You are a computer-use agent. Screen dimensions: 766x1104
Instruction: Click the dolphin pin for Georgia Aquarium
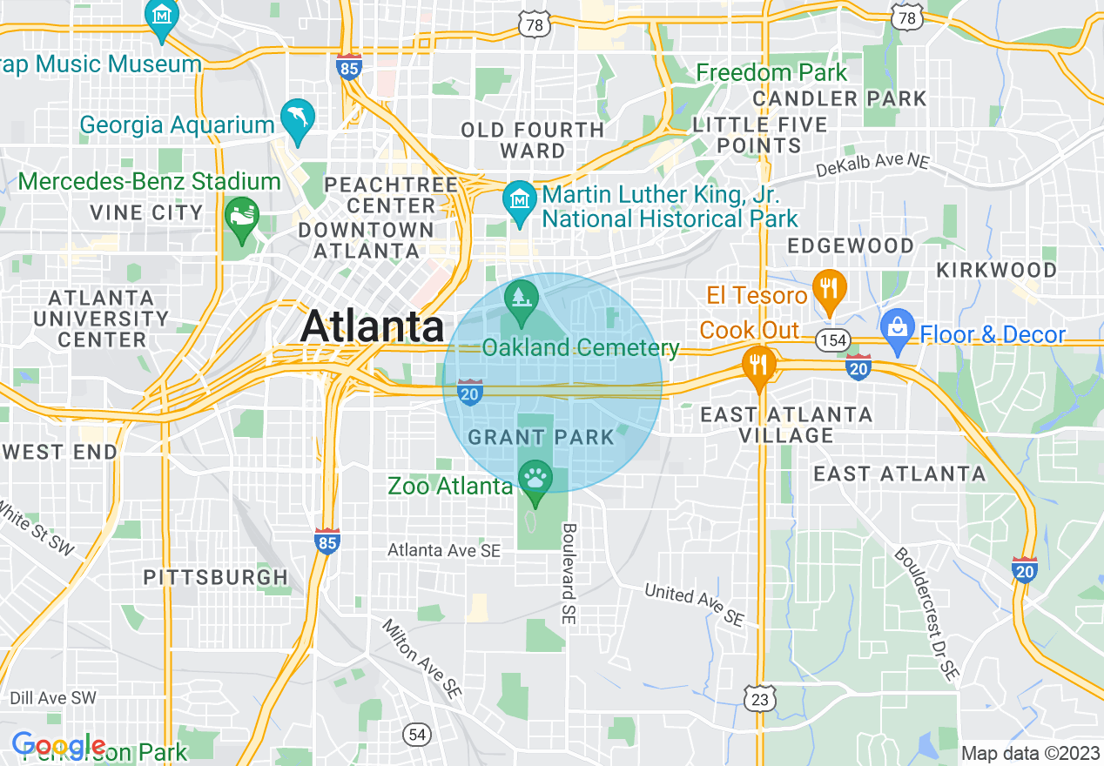click(297, 120)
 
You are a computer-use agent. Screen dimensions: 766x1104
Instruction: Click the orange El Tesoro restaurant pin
click(829, 289)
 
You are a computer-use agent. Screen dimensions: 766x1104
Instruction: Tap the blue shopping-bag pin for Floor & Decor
click(897, 329)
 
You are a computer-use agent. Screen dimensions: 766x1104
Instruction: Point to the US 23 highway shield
click(760, 698)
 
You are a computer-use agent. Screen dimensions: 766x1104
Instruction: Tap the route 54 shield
click(418, 735)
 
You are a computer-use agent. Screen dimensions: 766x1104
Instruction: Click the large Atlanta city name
click(372, 326)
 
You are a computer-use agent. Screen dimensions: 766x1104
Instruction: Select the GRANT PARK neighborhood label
click(542, 436)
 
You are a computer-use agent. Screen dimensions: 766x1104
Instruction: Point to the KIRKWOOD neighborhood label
click(996, 270)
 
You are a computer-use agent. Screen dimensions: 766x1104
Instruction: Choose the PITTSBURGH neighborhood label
click(215, 577)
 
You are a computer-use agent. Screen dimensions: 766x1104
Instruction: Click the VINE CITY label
click(146, 212)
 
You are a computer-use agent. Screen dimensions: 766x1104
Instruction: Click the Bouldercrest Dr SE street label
click(926, 613)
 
